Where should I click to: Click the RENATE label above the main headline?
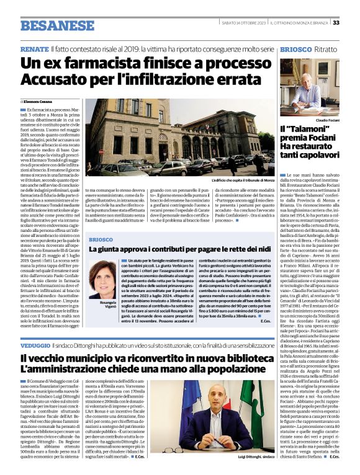coord(34,48)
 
